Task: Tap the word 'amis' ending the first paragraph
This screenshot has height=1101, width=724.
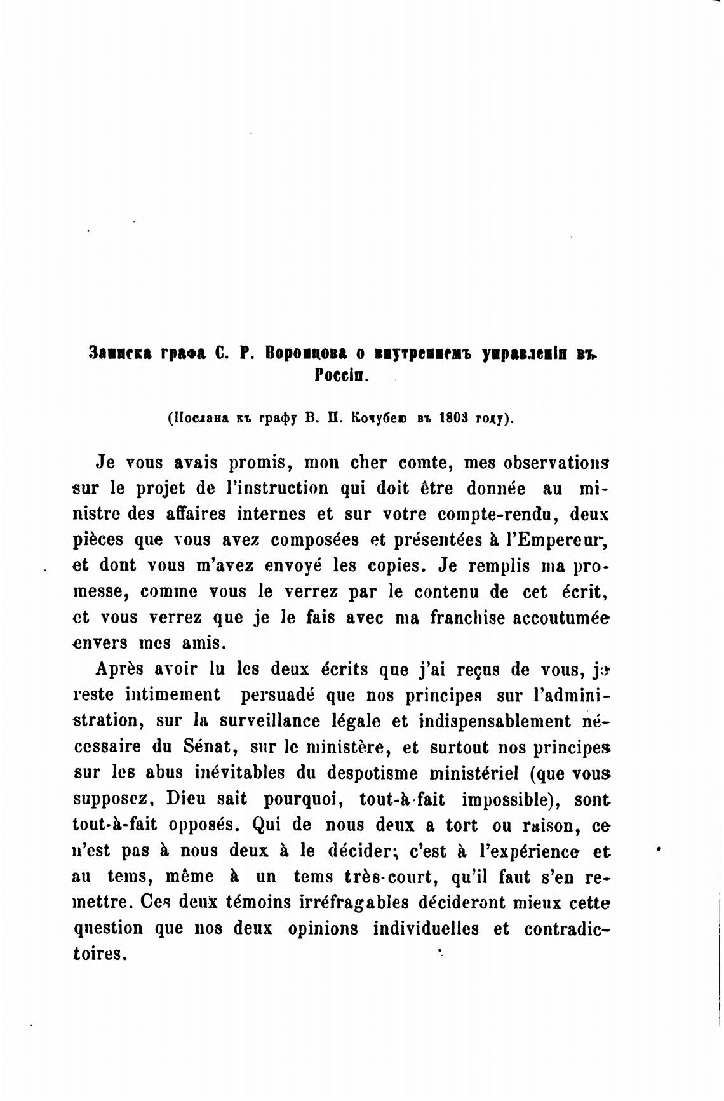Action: point(204,643)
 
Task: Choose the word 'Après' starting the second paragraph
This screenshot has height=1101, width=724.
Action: point(121,669)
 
